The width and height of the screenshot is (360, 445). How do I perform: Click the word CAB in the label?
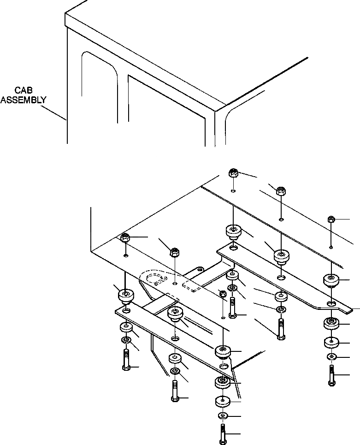pos(23,91)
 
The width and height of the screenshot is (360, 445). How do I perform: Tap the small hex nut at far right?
pos(330,219)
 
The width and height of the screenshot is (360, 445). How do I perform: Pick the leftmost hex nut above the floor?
pos(124,238)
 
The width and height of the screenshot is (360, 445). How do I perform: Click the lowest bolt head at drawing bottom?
pos(222,440)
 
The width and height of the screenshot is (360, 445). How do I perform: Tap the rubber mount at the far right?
pos(330,280)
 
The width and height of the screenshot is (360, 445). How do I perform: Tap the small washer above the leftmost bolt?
pos(125,340)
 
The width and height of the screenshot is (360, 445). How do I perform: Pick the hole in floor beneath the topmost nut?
pos(233,190)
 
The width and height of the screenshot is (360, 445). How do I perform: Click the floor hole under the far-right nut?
pos(331,247)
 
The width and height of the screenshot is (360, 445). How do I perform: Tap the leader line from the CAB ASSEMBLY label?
pos(54,112)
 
